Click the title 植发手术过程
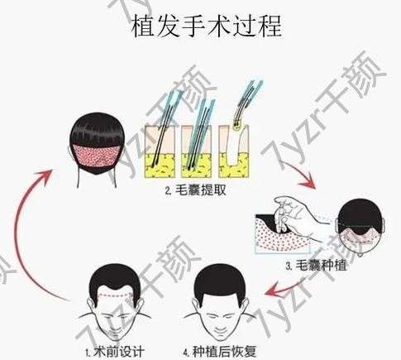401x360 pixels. (207, 26)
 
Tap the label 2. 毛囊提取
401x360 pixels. (196, 190)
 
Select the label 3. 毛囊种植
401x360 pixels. (316, 266)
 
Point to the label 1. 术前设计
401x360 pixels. (115, 352)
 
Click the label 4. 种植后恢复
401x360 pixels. (220, 351)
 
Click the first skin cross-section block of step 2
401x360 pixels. (160, 151)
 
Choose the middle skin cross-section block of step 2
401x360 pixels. (196, 151)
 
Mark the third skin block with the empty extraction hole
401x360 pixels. (234, 151)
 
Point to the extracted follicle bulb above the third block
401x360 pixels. (236, 127)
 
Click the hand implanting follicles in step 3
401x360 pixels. (298, 218)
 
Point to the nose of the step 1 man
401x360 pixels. (113, 321)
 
